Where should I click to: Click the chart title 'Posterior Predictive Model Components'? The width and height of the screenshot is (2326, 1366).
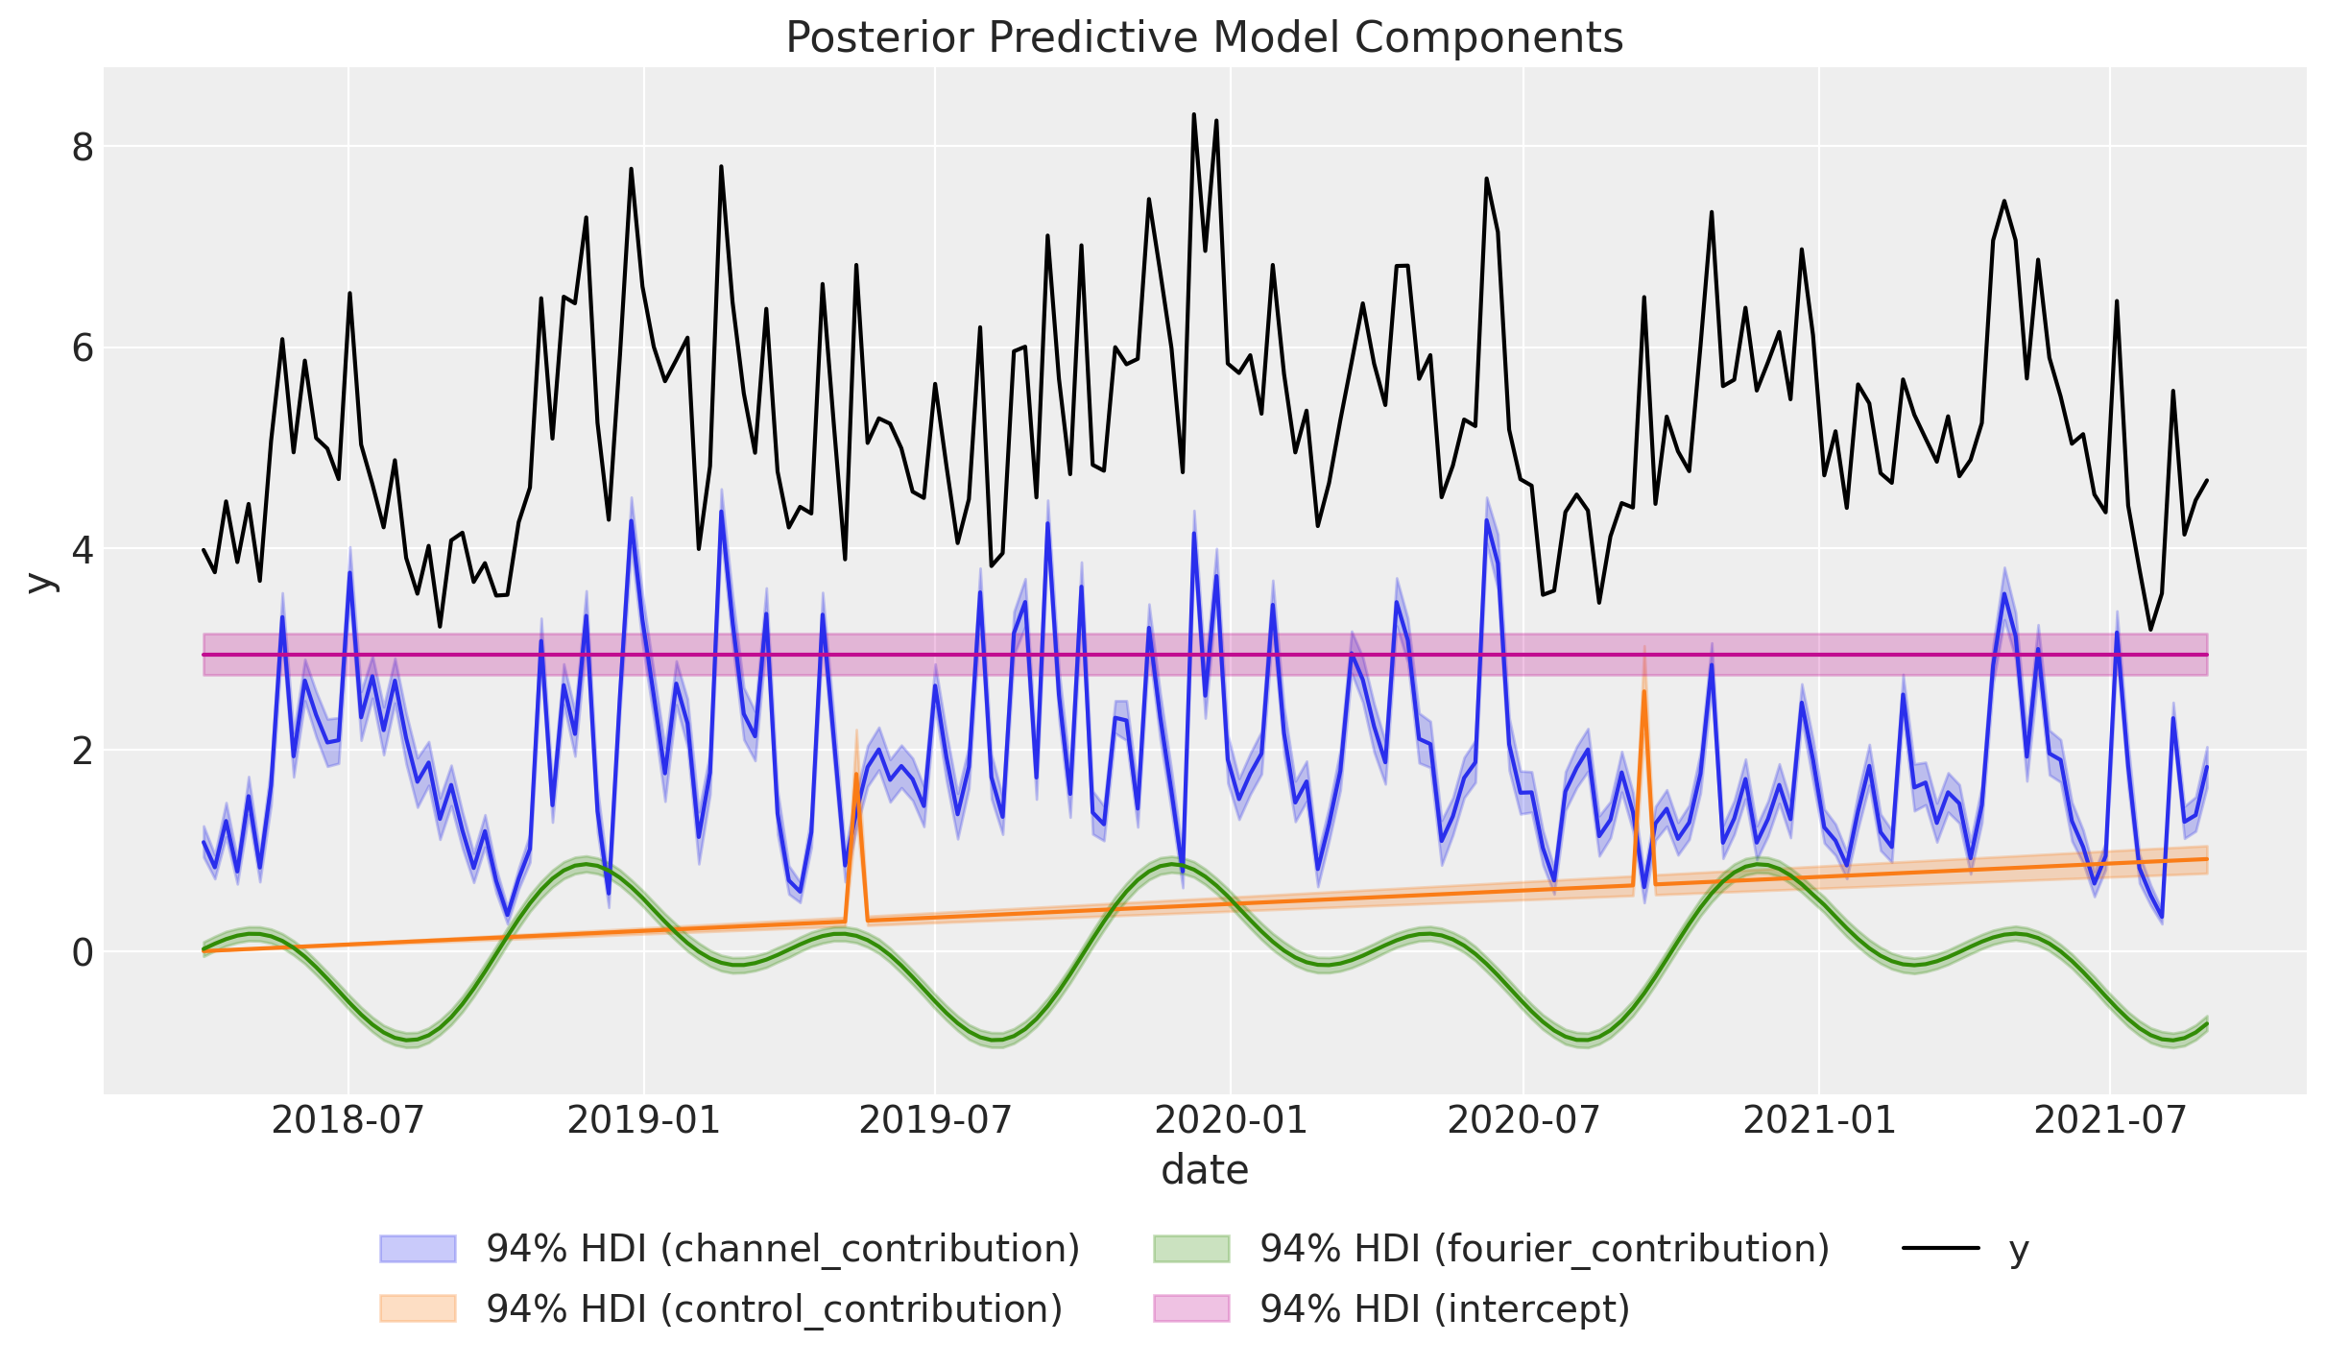(x=1204, y=38)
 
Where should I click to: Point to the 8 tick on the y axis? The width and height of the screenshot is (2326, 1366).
(x=83, y=148)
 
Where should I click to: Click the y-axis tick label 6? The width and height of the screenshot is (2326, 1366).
(x=83, y=348)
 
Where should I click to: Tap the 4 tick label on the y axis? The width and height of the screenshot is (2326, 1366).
(x=83, y=550)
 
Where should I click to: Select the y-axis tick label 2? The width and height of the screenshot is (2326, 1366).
(x=83, y=751)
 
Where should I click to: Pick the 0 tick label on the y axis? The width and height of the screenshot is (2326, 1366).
(x=83, y=952)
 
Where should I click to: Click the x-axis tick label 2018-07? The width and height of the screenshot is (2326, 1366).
(x=348, y=1119)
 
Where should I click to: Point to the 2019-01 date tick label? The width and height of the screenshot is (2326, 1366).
(x=643, y=1119)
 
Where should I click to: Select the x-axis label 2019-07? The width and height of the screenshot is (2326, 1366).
(x=935, y=1119)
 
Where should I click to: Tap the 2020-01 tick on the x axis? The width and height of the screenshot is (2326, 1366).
(x=1230, y=1119)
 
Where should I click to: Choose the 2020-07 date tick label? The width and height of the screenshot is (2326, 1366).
(x=1523, y=1119)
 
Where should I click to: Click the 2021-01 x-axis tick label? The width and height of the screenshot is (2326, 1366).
(x=1818, y=1119)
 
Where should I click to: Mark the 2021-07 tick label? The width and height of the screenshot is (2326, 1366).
(x=2110, y=1119)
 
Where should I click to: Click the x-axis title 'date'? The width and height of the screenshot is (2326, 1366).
(x=1204, y=1170)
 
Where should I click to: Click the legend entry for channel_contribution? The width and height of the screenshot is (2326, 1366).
(x=782, y=1248)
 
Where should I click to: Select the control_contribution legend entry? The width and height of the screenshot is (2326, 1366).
(x=774, y=1308)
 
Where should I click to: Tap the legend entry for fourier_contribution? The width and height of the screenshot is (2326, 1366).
(x=1544, y=1248)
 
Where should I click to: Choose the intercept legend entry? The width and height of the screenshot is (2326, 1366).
(x=1444, y=1308)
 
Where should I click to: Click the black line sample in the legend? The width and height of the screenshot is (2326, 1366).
(x=1941, y=1248)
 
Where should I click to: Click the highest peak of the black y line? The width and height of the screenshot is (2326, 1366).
(x=1193, y=114)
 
